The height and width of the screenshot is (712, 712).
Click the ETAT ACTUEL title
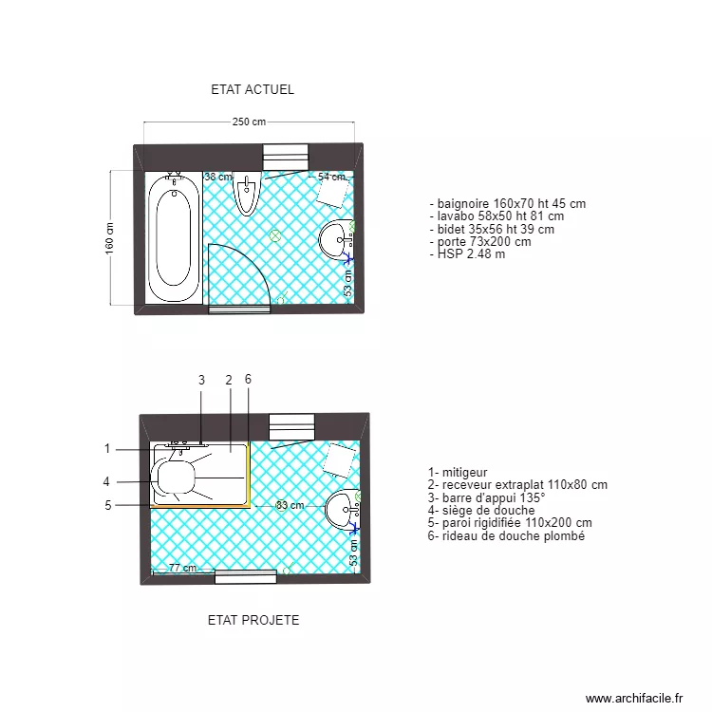tap(253, 90)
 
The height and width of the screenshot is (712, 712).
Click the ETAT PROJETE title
tap(253, 620)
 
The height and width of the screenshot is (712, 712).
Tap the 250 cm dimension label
tap(249, 122)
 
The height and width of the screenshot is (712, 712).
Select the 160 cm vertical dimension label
tap(109, 238)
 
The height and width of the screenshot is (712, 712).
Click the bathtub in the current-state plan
tap(175, 237)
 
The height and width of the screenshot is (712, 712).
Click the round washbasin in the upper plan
tap(335, 238)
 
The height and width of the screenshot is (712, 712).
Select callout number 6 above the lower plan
tap(248, 380)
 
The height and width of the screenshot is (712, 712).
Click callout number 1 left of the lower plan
tap(107, 449)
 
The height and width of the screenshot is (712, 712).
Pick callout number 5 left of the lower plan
tap(108, 505)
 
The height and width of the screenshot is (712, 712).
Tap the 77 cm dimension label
tap(182, 569)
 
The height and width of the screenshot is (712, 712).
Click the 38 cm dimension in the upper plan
tap(217, 177)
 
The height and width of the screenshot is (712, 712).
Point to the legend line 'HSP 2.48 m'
tap(471, 254)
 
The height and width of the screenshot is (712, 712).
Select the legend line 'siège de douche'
tap(481, 511)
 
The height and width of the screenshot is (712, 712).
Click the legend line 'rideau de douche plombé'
tap(506, 536)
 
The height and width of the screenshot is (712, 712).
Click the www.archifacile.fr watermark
tap(634, 698)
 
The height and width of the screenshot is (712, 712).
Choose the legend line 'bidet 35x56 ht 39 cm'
tap(492, 229)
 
